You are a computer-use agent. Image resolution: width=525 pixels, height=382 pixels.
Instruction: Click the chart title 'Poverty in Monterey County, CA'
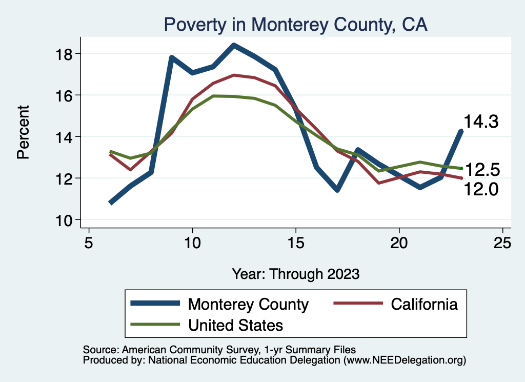(295, 25)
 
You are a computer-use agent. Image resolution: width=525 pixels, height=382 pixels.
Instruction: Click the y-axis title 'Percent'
(23, 132)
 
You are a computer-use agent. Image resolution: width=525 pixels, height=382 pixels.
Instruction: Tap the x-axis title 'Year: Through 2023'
(295, 273)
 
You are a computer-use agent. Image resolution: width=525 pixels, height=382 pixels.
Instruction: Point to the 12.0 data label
(482, 190)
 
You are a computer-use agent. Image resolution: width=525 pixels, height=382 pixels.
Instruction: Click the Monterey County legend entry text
(249, 304)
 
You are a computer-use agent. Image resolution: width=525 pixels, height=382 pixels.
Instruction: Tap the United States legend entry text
(236, 325)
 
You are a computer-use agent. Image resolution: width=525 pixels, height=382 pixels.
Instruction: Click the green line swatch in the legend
(155, 324)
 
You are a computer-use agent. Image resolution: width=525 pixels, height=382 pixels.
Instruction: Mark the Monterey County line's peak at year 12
(234, 45)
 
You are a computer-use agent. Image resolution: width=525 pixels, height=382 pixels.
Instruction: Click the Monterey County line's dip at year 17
(337, 190)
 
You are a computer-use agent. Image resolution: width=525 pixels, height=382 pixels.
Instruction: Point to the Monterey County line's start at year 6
(111, 203)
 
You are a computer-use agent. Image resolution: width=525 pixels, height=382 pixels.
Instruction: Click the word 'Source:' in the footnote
(99, 349)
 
